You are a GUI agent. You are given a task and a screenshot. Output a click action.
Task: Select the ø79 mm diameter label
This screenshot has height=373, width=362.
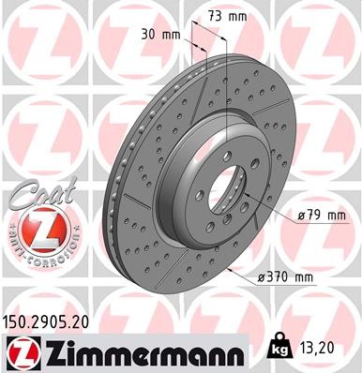pyautogui.click(x=321, y=215)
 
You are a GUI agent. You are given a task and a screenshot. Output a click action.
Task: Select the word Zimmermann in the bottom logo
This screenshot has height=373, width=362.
pyautogui.click(x=141, y=351)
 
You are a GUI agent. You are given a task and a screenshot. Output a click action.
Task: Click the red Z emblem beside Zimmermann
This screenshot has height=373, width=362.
pyautogui.click(x=21, y=351)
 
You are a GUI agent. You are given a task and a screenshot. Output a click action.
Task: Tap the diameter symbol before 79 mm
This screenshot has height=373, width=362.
pyautogui.click(x=300, y=215)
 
